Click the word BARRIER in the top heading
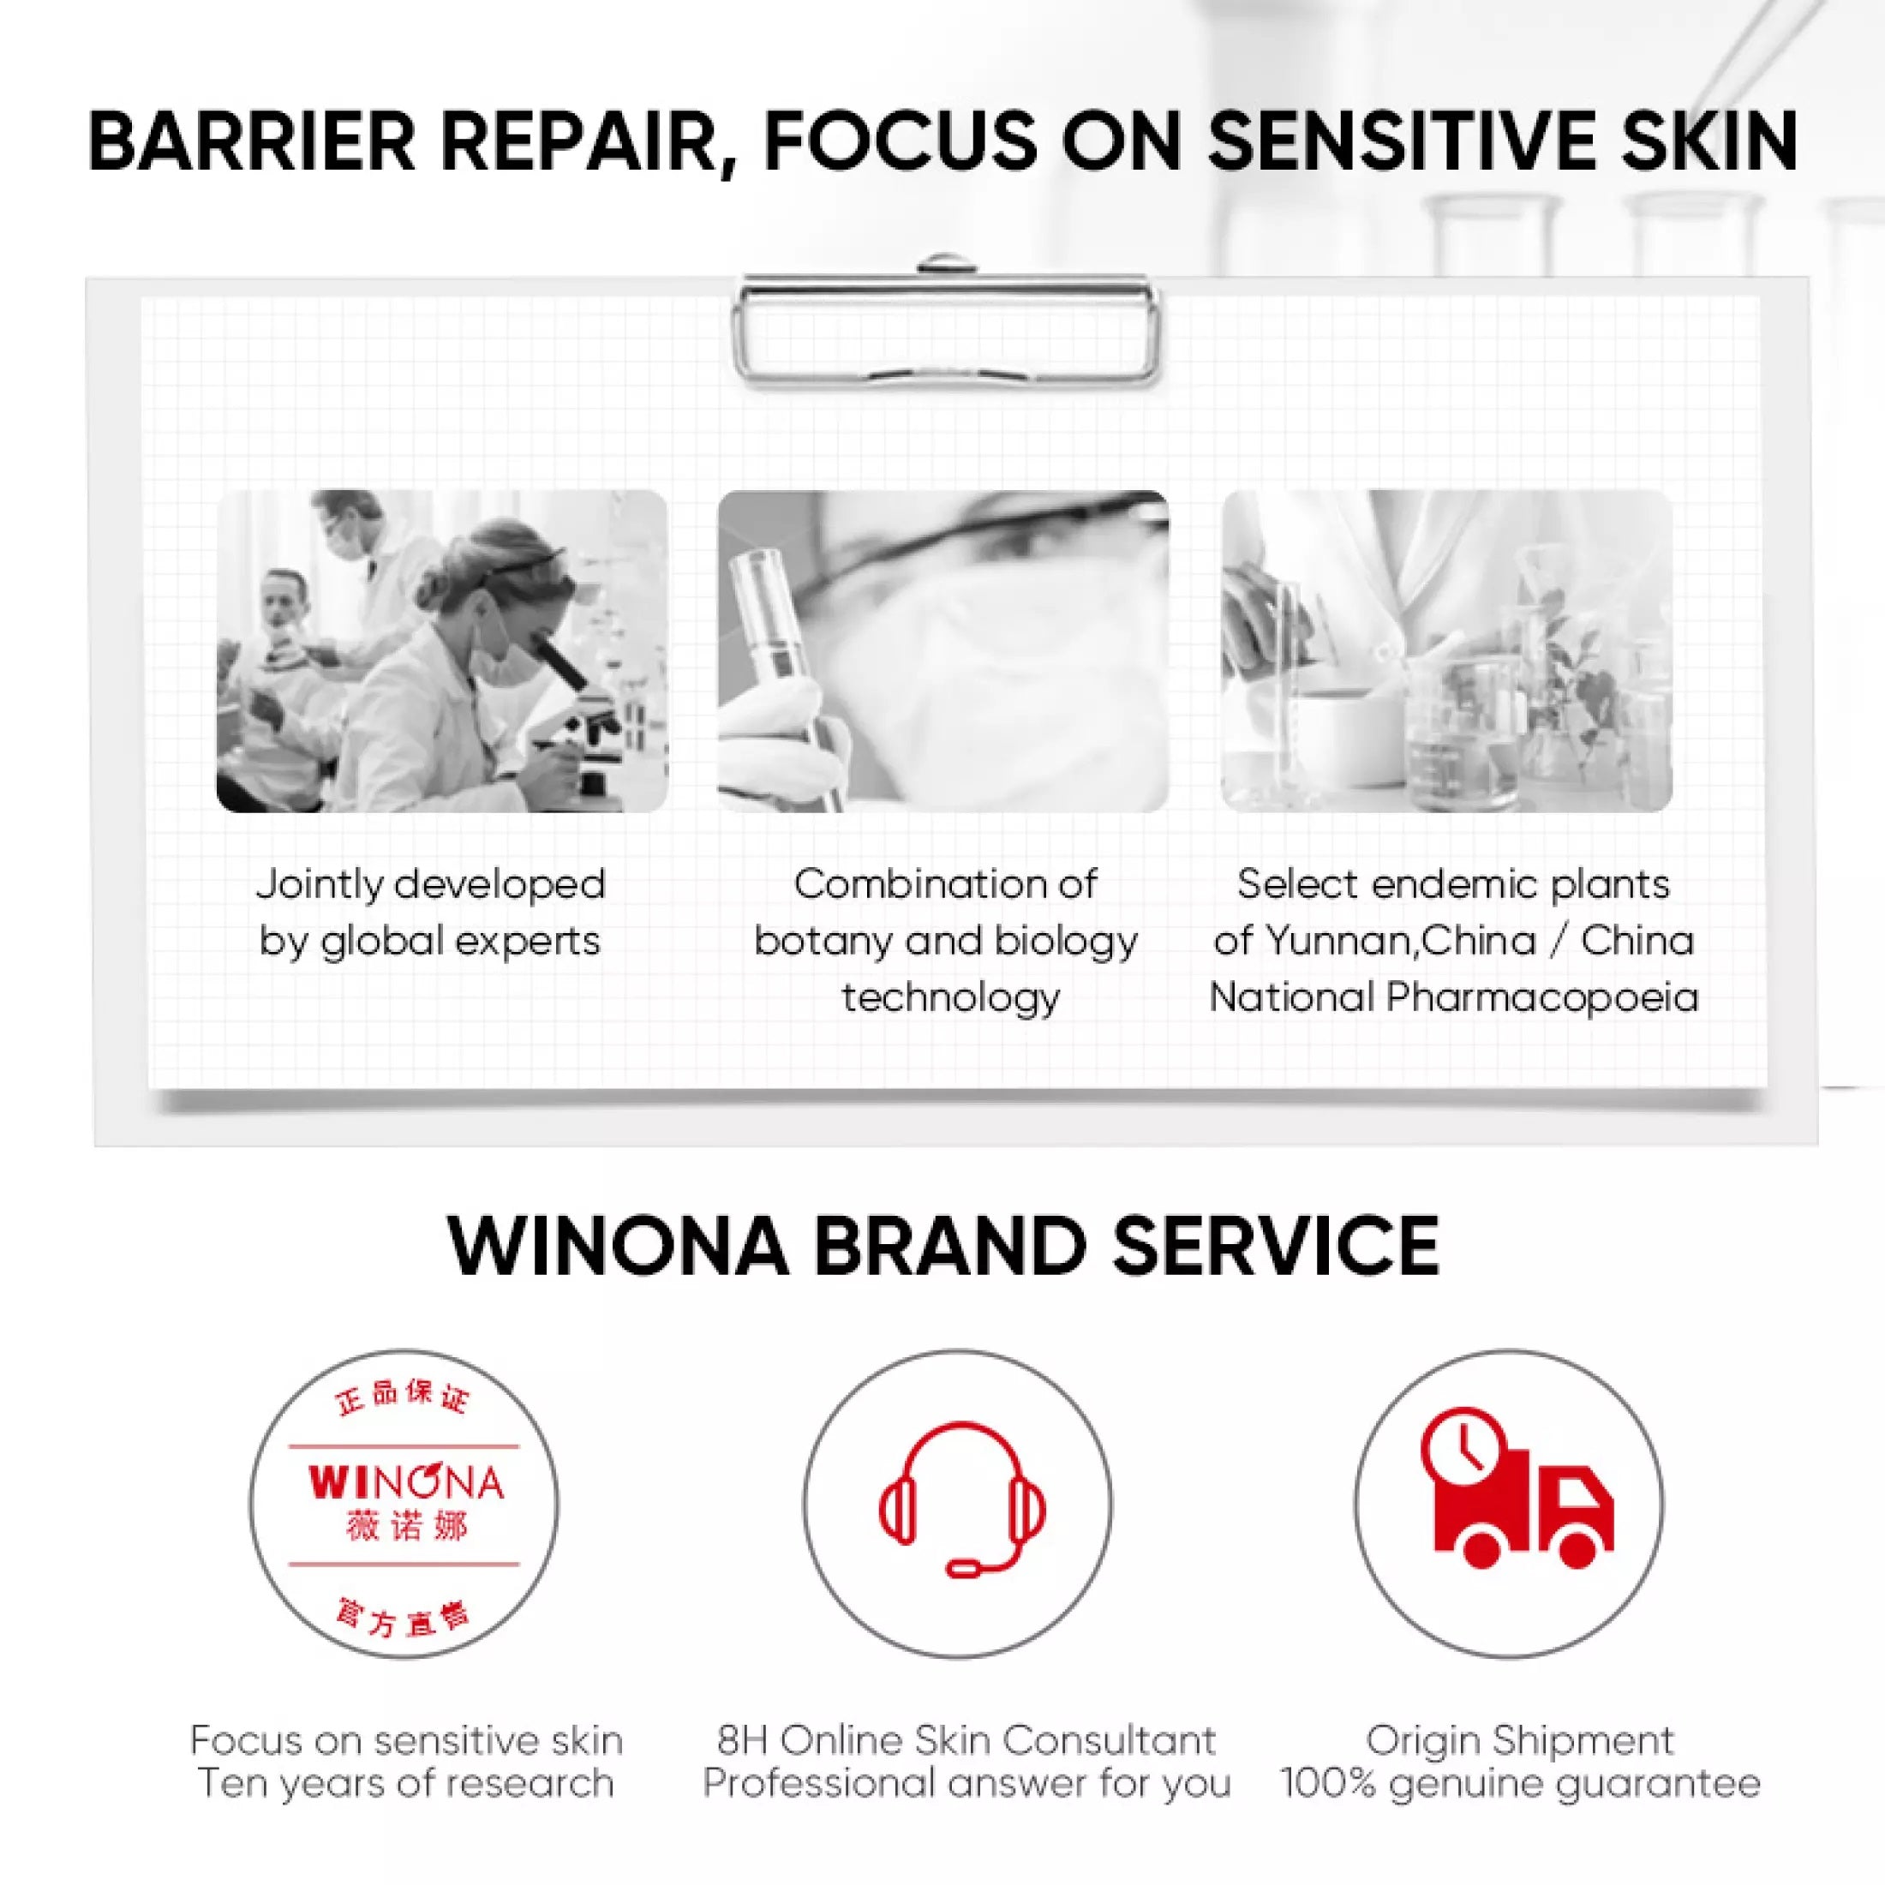[251, 142]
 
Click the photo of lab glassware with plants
[1446, 651]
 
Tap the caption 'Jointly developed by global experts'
[430, 913]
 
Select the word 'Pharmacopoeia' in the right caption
[1542, 998]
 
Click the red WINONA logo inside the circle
[406, 1484]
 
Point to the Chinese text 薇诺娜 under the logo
[406, 1526]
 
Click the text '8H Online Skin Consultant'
[966, 1740]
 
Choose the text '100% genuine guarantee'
[1520, 1784]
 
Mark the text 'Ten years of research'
[406, 1784]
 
